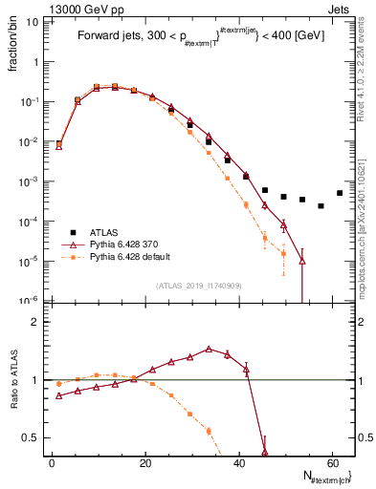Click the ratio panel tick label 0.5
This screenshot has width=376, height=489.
[x=33, y=437]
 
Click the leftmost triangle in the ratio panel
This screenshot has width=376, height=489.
[x=59, y=395]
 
